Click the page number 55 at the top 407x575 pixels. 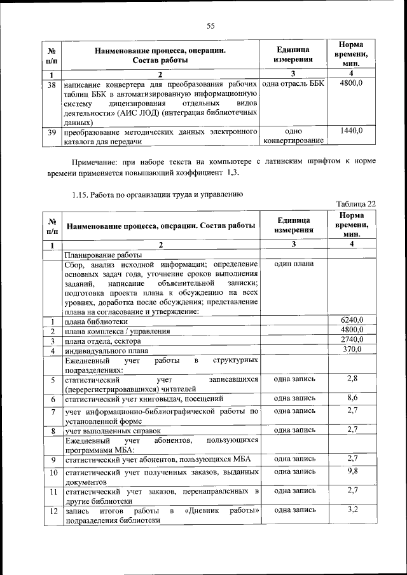(211, 25)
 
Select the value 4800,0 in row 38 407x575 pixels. (351, 84)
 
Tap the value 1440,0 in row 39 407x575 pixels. (351, 131)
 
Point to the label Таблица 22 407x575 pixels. (355, 203)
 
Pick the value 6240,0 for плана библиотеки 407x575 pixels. (352, 320)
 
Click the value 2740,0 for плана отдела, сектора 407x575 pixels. (352, 340)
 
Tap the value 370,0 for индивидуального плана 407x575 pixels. (352, 349)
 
